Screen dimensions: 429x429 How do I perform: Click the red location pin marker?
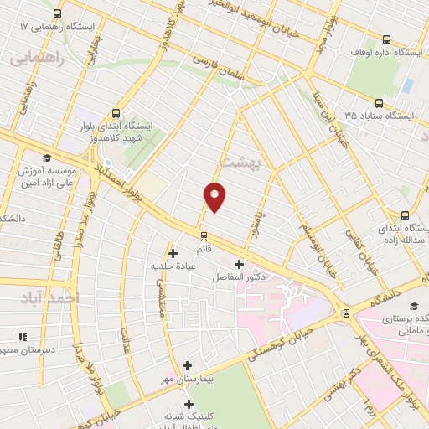click(x=215, y=196)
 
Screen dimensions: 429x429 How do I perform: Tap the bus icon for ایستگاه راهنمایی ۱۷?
click(x=56, y=14)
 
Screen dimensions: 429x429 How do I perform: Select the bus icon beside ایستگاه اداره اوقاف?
click(x=386, y=39)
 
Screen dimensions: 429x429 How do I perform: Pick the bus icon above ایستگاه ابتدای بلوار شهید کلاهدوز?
click(x=116, y=113)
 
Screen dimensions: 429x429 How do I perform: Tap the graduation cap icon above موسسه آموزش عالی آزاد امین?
click(x=47, y=158)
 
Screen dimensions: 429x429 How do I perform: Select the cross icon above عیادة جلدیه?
click(x=173, y=252)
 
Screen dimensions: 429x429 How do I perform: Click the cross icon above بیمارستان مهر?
click(x=187, y=365)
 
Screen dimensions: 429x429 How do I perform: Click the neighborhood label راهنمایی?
click(x=34, y=59)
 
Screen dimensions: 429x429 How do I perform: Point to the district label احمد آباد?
click(x=51, y=297)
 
